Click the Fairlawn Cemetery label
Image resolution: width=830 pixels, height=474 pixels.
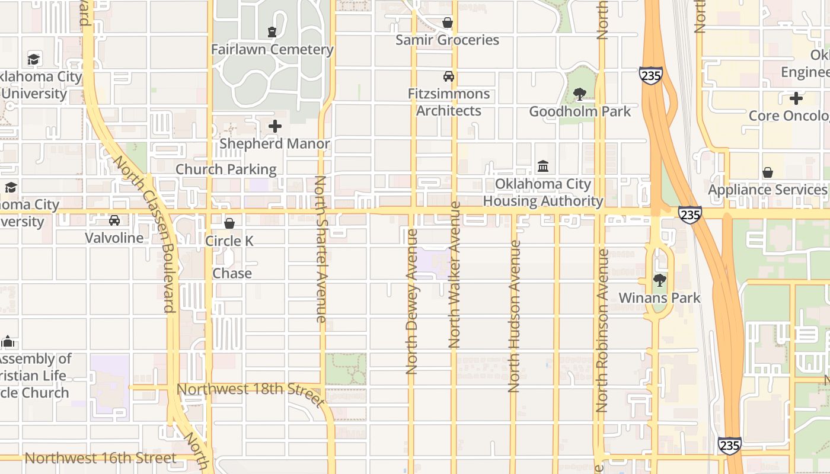click(x=272, y=50)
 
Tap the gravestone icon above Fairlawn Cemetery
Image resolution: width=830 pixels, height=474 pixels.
click(x=272, y=32)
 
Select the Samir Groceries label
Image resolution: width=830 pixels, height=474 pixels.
click(x=447, y=40)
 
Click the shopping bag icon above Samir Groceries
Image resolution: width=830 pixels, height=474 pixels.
click(x=448, y=23)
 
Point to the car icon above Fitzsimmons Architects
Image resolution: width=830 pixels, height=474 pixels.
click(x=449, y=76)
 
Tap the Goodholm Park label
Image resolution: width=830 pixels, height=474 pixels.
click(x=580, y=111)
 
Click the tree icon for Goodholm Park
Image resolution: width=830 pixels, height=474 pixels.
click(x=580, y=94)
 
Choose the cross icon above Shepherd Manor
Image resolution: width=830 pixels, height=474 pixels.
click(x=275, y=126)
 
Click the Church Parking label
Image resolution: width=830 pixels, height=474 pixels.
click(x=226, y=169)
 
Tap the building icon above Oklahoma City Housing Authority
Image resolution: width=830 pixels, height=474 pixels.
click(x=543, y=166)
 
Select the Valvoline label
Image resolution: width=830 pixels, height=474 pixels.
click(x=114, y=238)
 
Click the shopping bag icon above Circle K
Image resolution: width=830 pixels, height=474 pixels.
click(x=229, y=223)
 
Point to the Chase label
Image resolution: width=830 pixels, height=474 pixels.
click(x=232, y=274)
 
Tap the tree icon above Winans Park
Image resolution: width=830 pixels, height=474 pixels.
click(x=659, y=281)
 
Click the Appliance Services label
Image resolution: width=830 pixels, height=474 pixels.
click(x=768, y=190)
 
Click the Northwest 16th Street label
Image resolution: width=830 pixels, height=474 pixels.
click(x=100, y=458)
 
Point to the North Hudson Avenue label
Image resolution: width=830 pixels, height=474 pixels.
click(x=514, y=316)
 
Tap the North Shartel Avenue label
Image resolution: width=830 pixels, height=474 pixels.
click(x=320, y=249)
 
